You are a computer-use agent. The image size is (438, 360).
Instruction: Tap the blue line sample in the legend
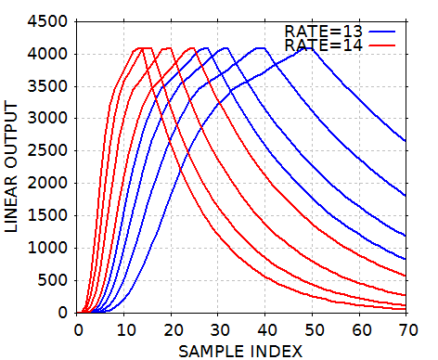[x=382, y=31]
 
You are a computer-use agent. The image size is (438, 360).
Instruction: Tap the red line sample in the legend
[x=382, y=45]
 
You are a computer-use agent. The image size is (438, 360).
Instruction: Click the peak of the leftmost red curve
[x=139, y=48]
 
